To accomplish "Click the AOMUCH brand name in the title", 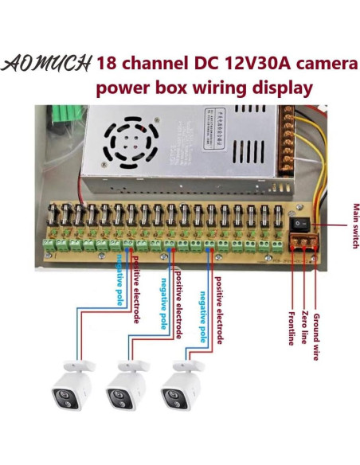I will pos(49,63).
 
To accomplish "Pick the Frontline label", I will pos(294,318).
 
